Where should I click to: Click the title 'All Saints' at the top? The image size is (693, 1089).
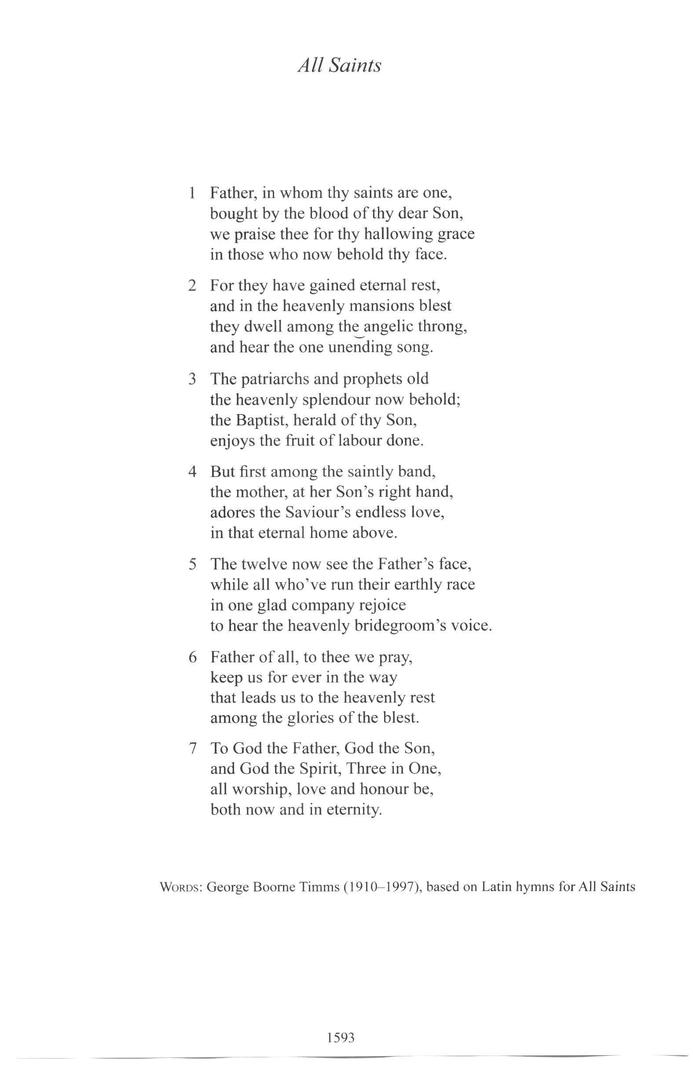tap(339, 65)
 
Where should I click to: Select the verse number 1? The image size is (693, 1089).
tap(192, 193)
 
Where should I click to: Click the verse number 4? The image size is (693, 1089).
tap(192, 472)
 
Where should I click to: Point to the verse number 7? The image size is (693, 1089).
tap(193, 748)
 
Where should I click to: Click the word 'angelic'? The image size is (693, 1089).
tap(388, 327)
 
